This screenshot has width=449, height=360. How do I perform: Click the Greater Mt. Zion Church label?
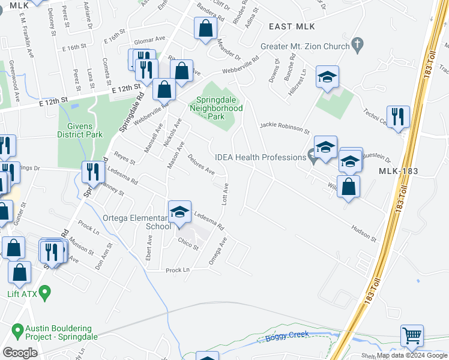304,46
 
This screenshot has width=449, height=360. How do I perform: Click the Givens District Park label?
80,131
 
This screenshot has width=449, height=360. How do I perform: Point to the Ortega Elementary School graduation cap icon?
179,212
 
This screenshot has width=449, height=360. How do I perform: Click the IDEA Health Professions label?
261,157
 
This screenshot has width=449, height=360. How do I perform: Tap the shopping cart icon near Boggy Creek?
412,336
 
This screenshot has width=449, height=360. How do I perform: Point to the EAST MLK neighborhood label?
292,26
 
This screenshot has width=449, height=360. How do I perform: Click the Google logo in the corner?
20,352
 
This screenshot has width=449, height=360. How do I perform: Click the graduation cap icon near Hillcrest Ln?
327,77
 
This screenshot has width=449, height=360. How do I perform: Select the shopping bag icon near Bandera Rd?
205,28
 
